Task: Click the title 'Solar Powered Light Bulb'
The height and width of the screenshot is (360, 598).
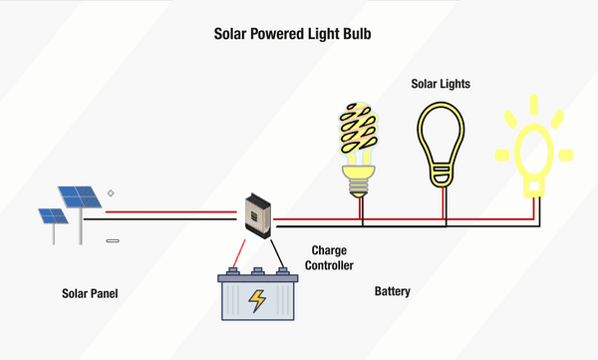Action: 299,33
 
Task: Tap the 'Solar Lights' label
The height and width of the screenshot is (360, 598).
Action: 440,84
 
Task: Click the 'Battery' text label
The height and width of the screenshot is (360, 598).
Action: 392,292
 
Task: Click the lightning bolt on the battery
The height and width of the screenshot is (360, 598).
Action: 257,300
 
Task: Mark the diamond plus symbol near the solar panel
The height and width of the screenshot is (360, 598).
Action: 110,192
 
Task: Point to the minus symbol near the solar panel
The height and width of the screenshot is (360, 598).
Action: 112,240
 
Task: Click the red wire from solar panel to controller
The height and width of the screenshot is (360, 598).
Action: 174,211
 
